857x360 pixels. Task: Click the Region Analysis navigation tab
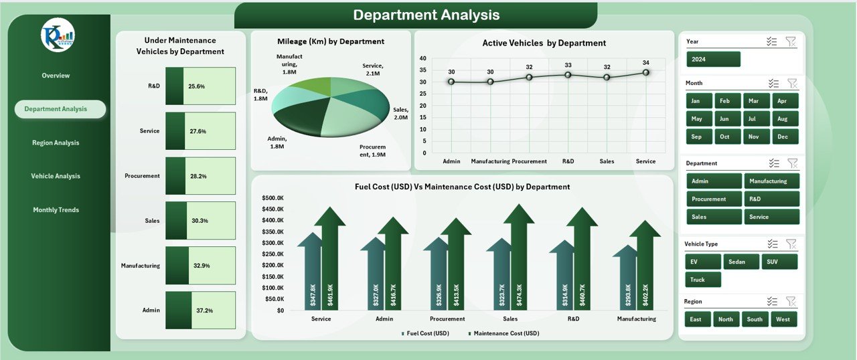56,143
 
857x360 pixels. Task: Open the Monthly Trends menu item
56,210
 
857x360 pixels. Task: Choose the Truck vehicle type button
702,280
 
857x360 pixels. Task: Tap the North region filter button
726,319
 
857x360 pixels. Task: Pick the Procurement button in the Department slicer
714,199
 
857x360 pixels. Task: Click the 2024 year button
713,60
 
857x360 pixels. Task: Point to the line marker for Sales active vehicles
607,77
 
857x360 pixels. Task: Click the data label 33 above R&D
568,65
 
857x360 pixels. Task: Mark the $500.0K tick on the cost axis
272,198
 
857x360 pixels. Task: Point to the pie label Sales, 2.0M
400,114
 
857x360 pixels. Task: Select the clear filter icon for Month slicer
792,83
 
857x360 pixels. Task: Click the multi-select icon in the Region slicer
773,301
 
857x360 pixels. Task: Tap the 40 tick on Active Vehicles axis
422,59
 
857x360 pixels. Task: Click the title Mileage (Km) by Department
331,41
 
